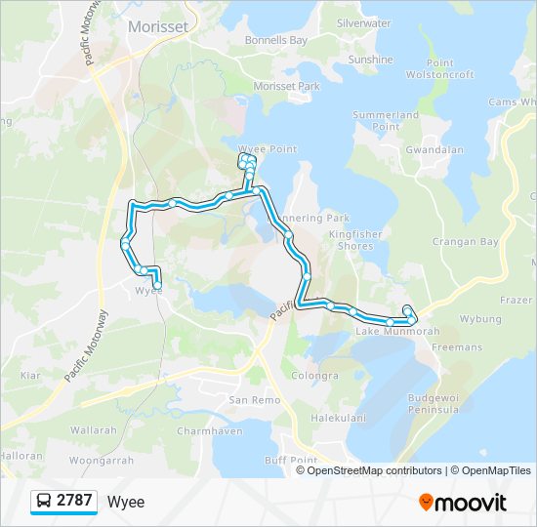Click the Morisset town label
(x=158, y=27)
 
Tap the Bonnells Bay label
(x=276, y=41)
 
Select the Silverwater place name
(x=363, y=22)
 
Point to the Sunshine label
(x=370, y=60)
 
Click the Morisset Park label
(x=287, y=87)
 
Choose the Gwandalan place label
(x=434, y=151)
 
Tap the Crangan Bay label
(x=466, y=242)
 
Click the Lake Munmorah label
(x=391, y=333)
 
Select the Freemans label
(x=456, y=347)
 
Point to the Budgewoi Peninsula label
(x=434, y=404)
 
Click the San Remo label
(x=247, y=400)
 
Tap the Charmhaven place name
(x=208, y=430)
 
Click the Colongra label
(x=315, y=376)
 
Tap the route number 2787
(x=74, y=502)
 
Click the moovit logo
(x=463, y=503)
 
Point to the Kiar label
(x=30, y=375)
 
